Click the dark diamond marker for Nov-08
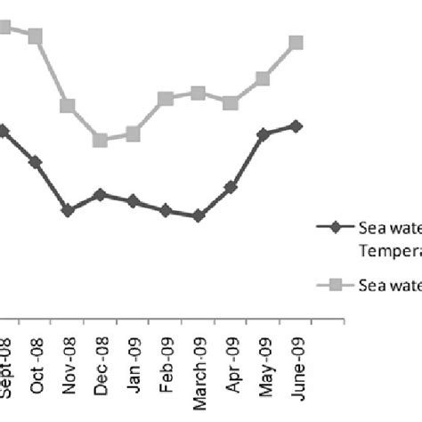(68, 210)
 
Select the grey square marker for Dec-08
(100, 140)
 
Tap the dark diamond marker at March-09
(198, 215)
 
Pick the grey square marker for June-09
(296, 43)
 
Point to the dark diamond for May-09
(263, 134)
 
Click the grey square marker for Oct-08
(36, 36)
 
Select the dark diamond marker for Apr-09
(231, 187)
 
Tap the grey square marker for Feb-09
(166, 99)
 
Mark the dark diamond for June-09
(296, 126)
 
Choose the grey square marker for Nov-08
(68, 106)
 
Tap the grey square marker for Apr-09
(231, 103)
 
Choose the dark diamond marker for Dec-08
(100, 194)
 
